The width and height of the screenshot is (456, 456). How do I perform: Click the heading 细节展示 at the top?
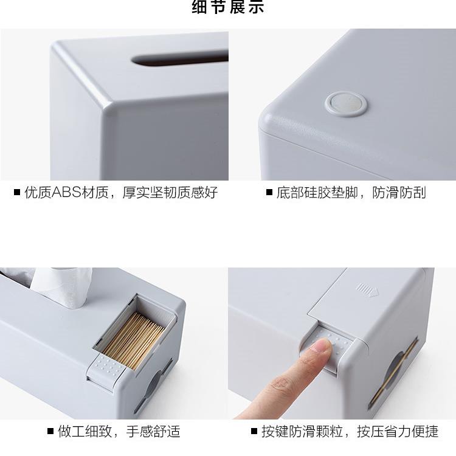(x=228, y=8)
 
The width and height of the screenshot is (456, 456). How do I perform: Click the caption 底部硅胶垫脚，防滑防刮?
(x=351, y=193)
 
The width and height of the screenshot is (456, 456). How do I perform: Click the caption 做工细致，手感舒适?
(x=119, y=432)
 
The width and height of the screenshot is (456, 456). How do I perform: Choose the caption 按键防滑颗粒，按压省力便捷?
(x=350, y=432)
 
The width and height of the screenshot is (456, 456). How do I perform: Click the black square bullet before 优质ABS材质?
(x=17, y=193)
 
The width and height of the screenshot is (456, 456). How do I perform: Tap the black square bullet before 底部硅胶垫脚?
(x=269, y=193)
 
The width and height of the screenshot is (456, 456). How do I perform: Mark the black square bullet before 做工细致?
(x=51, y=432)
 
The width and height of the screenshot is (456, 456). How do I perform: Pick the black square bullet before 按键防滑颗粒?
(x=255, y=432)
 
